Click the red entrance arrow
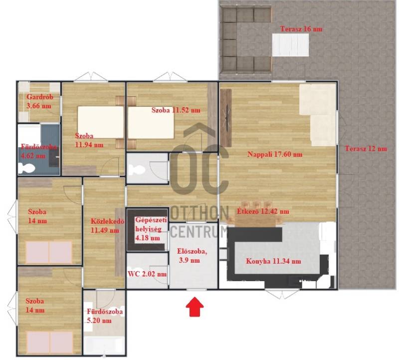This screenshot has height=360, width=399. [195, 307]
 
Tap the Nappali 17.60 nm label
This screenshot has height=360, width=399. [275, 154]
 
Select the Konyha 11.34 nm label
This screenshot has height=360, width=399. [273, 261]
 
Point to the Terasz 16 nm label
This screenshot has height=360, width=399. [301, 29]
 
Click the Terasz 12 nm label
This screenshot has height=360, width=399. [366, 148]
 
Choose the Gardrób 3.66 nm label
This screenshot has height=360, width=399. [40, 101]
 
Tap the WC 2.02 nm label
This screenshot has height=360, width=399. [147, 274]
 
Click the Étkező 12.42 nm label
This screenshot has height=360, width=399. [263, 211]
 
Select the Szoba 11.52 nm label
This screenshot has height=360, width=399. [176, 110]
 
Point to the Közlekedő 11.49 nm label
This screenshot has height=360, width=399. [107, 226]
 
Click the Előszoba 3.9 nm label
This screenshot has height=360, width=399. [192, 256]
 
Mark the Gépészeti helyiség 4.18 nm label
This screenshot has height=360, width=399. [151, 229]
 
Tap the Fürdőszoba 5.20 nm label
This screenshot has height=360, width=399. [105, 316]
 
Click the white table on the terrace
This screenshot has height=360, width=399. [290, 45]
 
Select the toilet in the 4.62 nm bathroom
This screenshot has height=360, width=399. [26, 168]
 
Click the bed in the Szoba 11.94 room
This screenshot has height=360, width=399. [101, 122]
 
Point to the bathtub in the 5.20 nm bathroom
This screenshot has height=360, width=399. [104, 345]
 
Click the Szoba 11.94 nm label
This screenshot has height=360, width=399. [89, 140]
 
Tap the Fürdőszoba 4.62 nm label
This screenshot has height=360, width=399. [39, 151]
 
